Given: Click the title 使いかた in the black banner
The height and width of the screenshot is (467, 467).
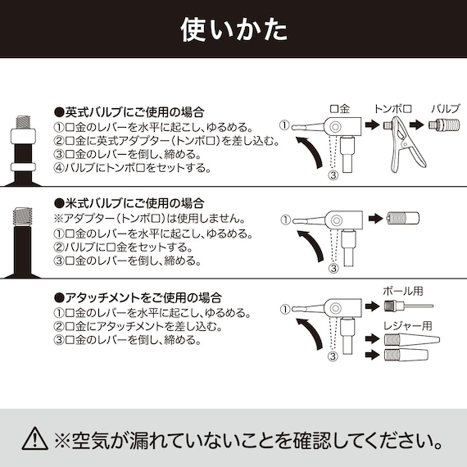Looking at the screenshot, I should [233, 29].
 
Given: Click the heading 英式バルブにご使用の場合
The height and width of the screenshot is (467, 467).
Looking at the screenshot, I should [129, 112].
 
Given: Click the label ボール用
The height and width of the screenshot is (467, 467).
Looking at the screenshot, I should [401, 291].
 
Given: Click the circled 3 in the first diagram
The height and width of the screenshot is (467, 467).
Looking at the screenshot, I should [333, 175].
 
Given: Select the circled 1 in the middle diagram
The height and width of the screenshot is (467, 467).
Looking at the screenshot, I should [284, 220].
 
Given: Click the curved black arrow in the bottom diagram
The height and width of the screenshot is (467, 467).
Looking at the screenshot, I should [305, 336].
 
